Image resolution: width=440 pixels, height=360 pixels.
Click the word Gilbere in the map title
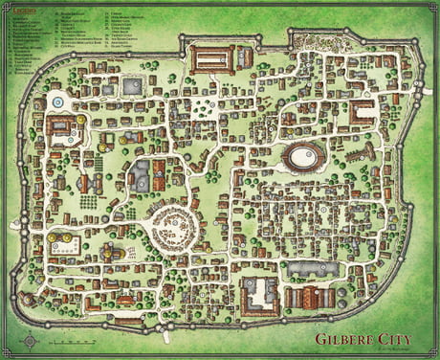346,337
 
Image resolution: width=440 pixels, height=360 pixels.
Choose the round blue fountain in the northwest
57,101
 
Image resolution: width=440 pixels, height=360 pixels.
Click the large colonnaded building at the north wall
213,58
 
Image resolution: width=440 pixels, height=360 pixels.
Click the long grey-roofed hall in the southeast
314,269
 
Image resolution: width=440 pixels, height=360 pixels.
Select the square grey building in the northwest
132,86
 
